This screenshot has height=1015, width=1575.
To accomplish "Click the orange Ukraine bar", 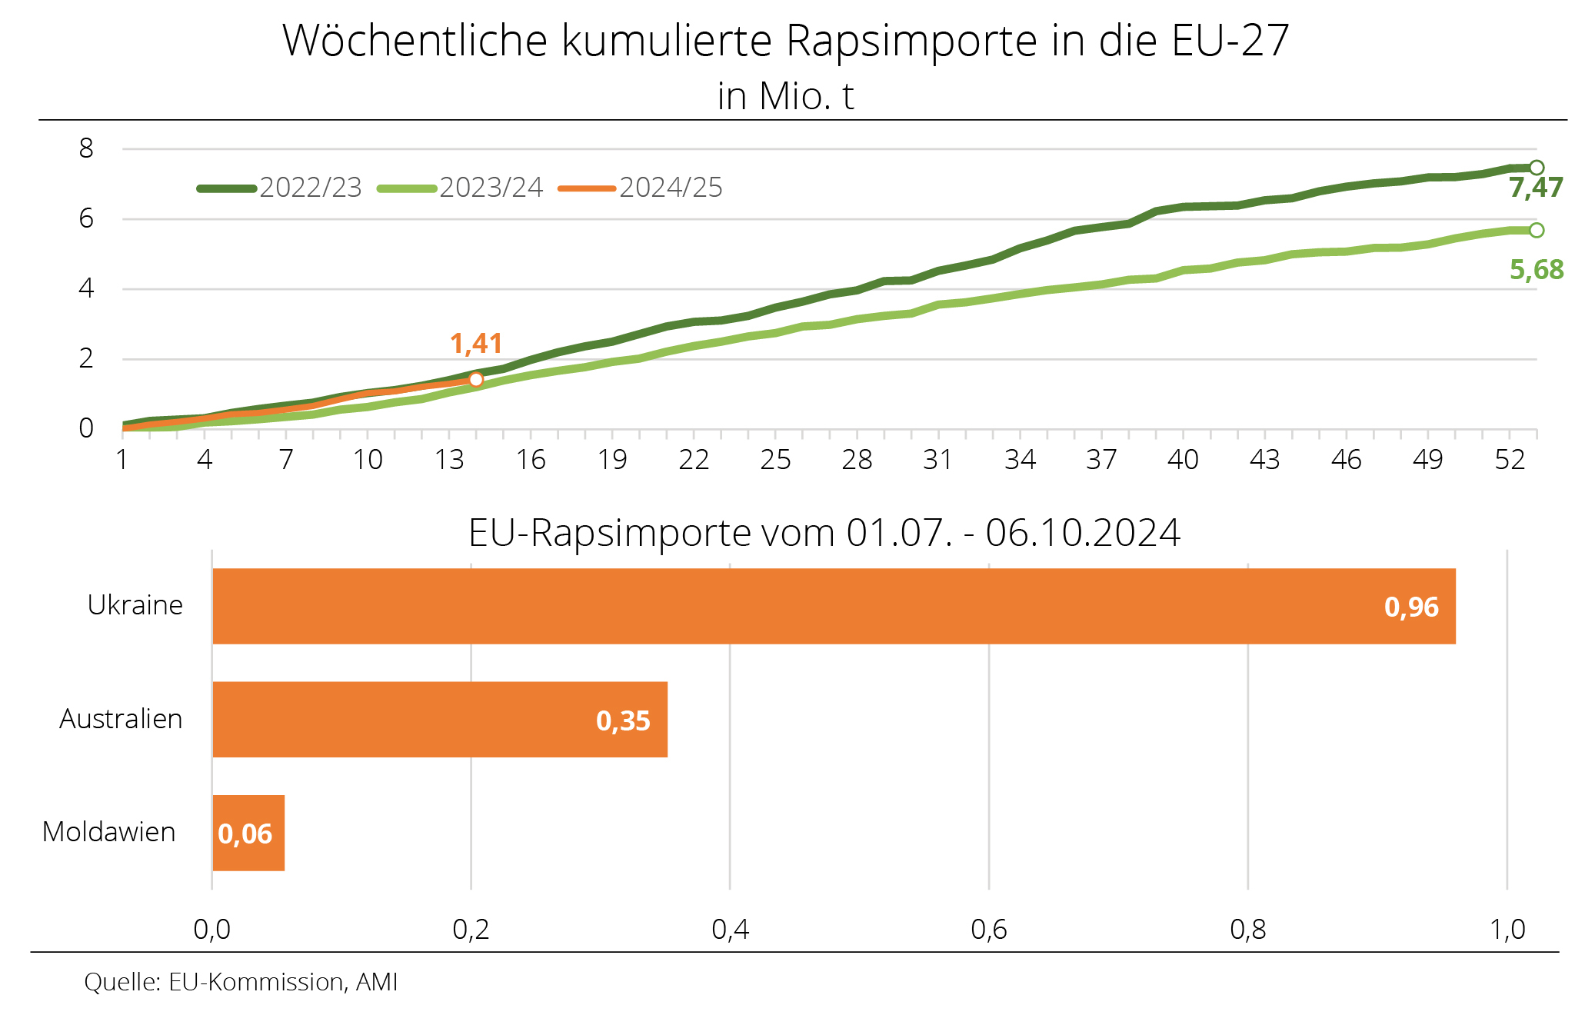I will tap(834, 606).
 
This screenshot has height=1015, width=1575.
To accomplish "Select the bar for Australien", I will tap(440, 719).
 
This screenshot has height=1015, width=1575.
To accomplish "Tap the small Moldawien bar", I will tap(248, 833).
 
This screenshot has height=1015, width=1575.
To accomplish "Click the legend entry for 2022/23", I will tap(280, 188).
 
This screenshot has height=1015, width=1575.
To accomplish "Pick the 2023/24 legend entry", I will tap(461, 188).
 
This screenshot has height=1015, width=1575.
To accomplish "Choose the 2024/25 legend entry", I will tap(641, 188).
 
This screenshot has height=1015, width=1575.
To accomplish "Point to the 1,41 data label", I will tap(476, 344).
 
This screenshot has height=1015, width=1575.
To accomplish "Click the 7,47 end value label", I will tap(1536, 188).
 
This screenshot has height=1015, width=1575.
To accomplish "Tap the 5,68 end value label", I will tap(1536, 270).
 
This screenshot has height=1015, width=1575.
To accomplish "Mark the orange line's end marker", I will tap(476, 380).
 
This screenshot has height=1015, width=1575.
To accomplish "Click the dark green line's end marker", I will tap(1536, 168).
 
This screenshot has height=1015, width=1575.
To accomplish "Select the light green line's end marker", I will tap(1536, 230).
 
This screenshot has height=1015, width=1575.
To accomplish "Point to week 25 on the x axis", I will tap(775, 460).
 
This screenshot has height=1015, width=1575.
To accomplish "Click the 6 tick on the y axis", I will tap(86, 219).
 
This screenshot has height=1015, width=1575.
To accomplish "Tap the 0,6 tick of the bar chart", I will tap(989, 930).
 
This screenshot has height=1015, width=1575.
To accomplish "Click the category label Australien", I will tap(121, 719).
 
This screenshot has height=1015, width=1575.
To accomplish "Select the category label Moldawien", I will tap(109, 832).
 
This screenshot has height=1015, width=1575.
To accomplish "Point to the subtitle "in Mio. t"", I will tap(785, 97).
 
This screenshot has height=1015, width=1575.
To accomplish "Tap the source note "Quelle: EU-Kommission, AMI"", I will tap(241, 982).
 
